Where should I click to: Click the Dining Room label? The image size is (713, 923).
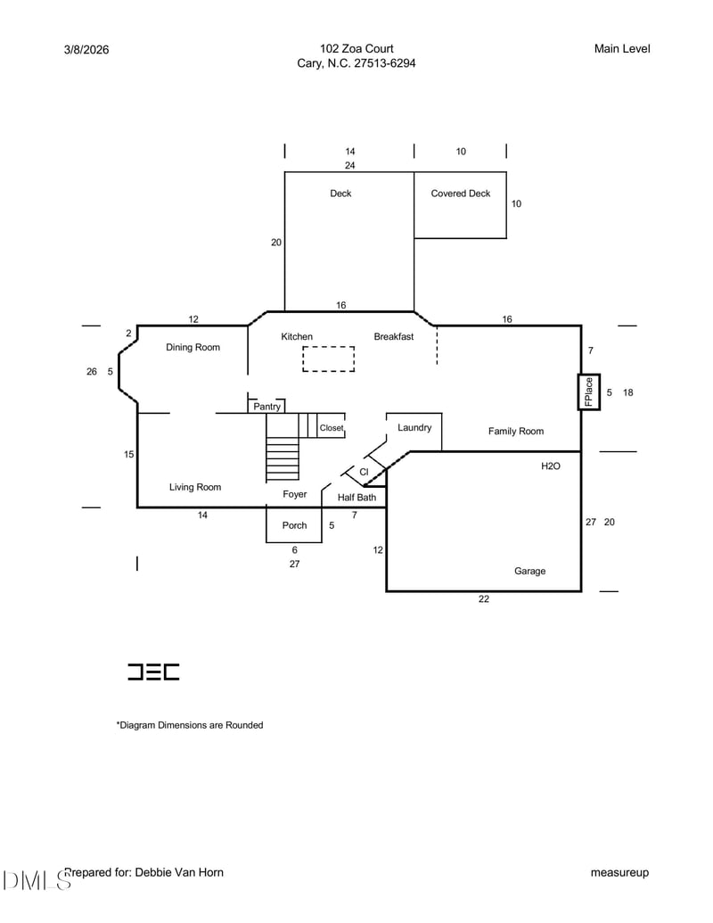click(193, 347)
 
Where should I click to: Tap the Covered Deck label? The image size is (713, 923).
click(460, 194)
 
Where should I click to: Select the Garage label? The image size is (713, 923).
click(529, 571)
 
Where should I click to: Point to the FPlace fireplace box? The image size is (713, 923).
click(589, 391)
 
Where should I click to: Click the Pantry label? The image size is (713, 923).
click(266, 407)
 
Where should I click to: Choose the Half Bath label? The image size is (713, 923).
click(356, 498)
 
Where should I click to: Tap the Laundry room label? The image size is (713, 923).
click(414, 427)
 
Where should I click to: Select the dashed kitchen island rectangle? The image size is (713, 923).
click(328, 358)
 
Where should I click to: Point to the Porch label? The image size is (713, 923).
click(294, 525)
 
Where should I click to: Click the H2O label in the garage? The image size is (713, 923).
click(551, 466)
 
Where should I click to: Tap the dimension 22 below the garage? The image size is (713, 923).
click(484, 599)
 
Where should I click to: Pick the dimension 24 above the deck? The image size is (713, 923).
click(350, 166)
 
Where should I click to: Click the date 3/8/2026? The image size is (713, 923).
click(86, 50)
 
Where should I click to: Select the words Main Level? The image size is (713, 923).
click(622, 48)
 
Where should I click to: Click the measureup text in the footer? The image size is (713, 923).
click(619, 872)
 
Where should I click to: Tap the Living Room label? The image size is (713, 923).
click(195, 487)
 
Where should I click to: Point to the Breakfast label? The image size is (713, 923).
click(393, 336)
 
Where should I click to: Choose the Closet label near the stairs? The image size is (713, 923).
click(332, 428)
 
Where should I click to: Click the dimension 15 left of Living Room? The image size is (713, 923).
click(129, 455)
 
